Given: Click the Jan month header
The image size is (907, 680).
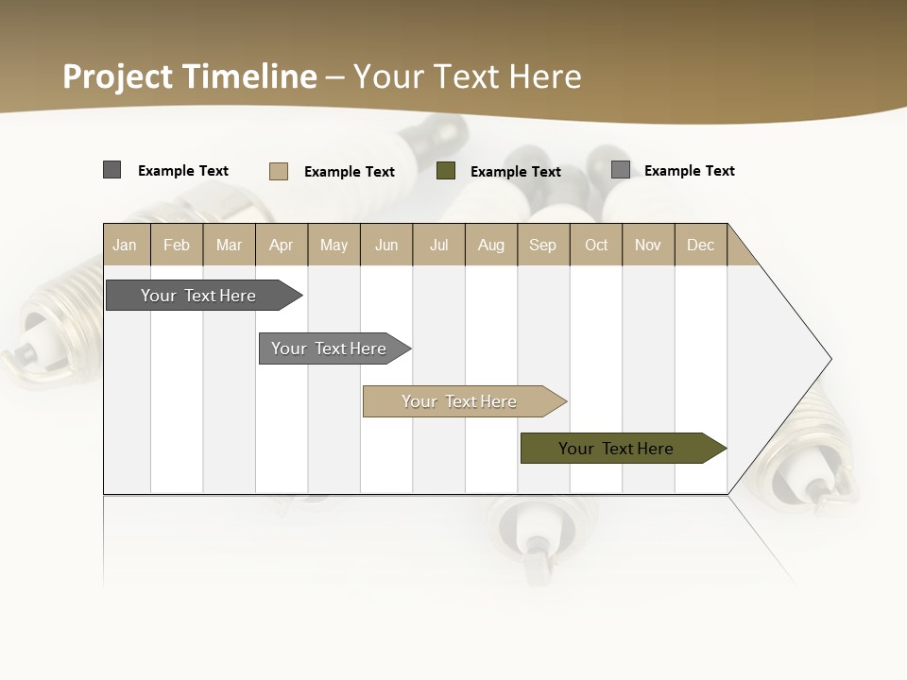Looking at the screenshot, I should [x=126, y=245].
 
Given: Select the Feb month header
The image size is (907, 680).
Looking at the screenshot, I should [x=177, y=245].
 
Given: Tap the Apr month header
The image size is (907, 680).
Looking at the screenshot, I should [x=282, y=245].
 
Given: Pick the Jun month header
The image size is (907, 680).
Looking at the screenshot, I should [x=386, y=245].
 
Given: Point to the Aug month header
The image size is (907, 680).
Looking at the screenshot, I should [x=491, y=245].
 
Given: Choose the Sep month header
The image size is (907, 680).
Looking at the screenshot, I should [x=543, y=245].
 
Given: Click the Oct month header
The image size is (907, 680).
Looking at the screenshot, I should [x=596, y=245].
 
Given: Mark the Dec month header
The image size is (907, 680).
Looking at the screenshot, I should [x=701, y=245].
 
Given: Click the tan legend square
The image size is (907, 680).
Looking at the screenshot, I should [x=279, y=171].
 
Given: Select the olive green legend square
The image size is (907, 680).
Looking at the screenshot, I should [x=446, y=171].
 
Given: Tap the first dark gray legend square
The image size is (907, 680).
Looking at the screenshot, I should [x=111, y=170].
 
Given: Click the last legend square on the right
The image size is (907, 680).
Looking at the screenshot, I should [x=620, y=170].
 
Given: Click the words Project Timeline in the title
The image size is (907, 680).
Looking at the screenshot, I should [x=190, y=76].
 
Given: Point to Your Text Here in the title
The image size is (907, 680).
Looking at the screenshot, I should [x=467, y=76].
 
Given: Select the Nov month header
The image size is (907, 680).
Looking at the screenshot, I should [x=648, y=245].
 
